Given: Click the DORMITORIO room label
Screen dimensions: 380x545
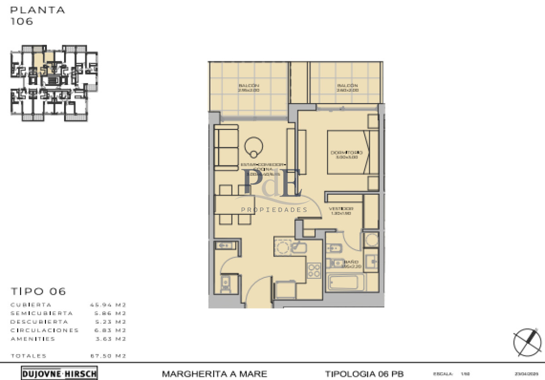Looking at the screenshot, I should tap(346, 152).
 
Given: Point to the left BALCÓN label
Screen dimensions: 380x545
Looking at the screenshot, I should tap(248, 85).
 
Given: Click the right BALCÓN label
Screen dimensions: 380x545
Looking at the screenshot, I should tap(347, 85).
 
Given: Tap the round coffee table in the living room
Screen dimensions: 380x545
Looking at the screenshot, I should tap(254, 146).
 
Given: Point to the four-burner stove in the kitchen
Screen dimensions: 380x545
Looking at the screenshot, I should tap(314, 270).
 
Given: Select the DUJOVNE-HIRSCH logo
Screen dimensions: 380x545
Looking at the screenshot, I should tap(59, 374).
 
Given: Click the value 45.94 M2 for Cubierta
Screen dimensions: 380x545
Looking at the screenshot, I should tap(108, 305).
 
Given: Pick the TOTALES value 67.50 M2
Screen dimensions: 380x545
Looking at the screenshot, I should tap(108, 356).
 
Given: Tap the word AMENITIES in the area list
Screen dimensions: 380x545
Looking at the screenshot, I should tap(33, 339).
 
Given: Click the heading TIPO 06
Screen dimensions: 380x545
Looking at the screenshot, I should tap(38, 291).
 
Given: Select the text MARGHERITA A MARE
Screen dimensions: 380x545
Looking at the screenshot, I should tap(214, 374).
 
